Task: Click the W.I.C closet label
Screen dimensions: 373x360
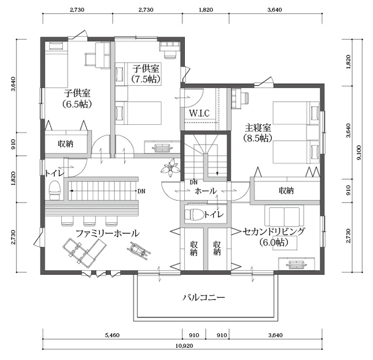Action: (x=199, y=113)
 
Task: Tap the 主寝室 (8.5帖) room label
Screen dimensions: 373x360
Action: (x=258, y=133)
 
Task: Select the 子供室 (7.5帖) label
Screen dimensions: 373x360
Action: (x=146, y=74)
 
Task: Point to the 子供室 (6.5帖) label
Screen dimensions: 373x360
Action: (x=77, y=99)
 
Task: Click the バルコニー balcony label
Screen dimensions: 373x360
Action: (x=203, y=298)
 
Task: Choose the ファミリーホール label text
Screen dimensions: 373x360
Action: (x=107, y=233)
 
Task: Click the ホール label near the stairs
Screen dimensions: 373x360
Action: (x=206, y=191)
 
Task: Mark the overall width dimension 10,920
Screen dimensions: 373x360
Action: (x=184, y=345)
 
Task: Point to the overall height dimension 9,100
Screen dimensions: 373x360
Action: (x=359, y=152)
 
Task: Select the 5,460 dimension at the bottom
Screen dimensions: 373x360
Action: (x=112, y=335)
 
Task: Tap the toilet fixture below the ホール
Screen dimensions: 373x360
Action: (x=194, y=214)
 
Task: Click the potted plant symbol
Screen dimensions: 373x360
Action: (x=170, y=168)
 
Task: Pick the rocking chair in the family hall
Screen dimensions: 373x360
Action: (x=139, y=250)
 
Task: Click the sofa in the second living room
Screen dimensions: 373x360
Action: (x=284, y=215)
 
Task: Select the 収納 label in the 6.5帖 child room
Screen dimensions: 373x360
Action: (x=65, y=144)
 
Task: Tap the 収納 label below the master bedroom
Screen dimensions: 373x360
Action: (x=286, y=190)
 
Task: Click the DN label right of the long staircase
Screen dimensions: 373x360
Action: (x=141, y=191)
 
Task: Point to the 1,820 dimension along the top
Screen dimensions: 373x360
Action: (x=206, y=10)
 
